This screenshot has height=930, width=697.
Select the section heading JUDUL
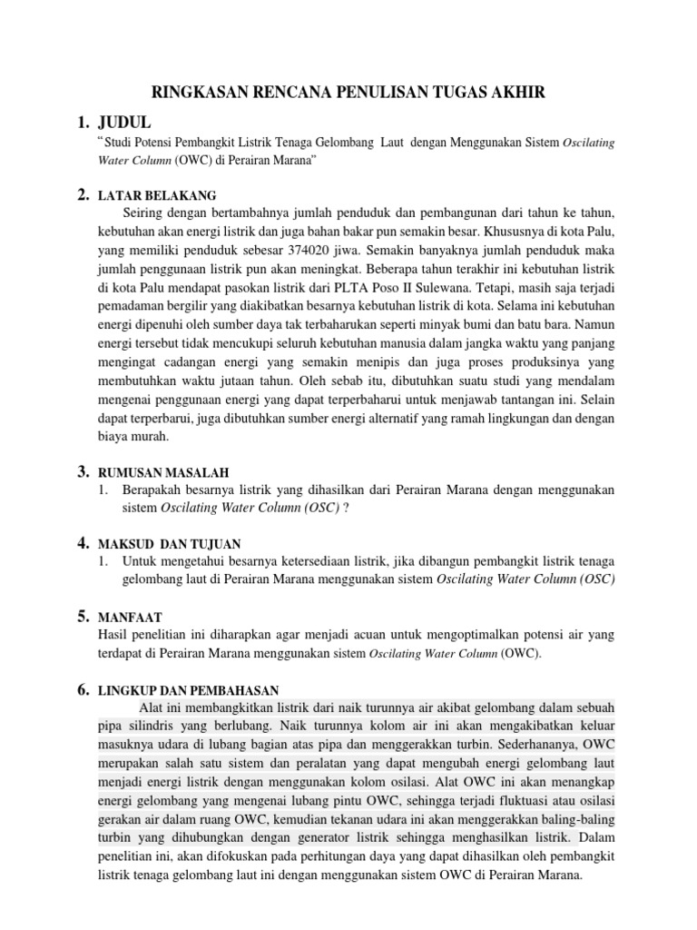(130, 123)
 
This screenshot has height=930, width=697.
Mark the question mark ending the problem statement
(346, 508)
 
